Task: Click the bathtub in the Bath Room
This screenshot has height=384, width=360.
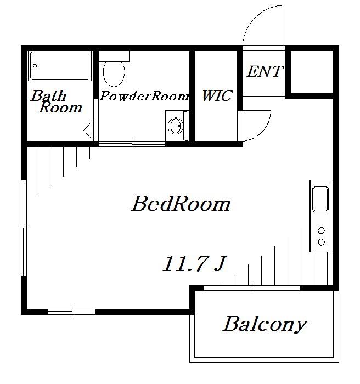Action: (60, 66)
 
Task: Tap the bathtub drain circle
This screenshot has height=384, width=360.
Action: (35, 66)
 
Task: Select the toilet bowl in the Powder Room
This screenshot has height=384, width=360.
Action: (114, 74)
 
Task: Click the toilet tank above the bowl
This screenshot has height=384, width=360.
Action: (114, 56)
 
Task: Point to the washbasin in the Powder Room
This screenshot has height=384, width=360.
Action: (176, 126)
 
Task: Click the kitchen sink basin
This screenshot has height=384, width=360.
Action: (320, 199)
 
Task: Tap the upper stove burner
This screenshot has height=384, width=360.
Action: (321, 230)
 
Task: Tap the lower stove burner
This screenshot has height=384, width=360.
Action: (321, 242)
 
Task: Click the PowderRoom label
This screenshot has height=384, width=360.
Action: (144, 96)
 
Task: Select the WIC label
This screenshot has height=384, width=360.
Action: (217, 95)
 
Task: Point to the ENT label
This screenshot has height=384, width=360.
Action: (265, 71)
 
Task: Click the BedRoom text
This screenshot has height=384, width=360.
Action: (181, 204)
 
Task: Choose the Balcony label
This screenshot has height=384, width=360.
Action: (265, 324)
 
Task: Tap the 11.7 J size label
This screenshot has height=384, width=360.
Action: (194, 264)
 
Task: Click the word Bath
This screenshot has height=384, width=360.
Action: (49, 95)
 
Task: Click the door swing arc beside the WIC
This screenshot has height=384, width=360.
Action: (264, 132)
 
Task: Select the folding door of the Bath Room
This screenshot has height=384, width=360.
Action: (89, 131)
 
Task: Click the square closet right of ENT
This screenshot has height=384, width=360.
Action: (312, 72)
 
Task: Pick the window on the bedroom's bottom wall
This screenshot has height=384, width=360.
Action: (72, 312)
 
